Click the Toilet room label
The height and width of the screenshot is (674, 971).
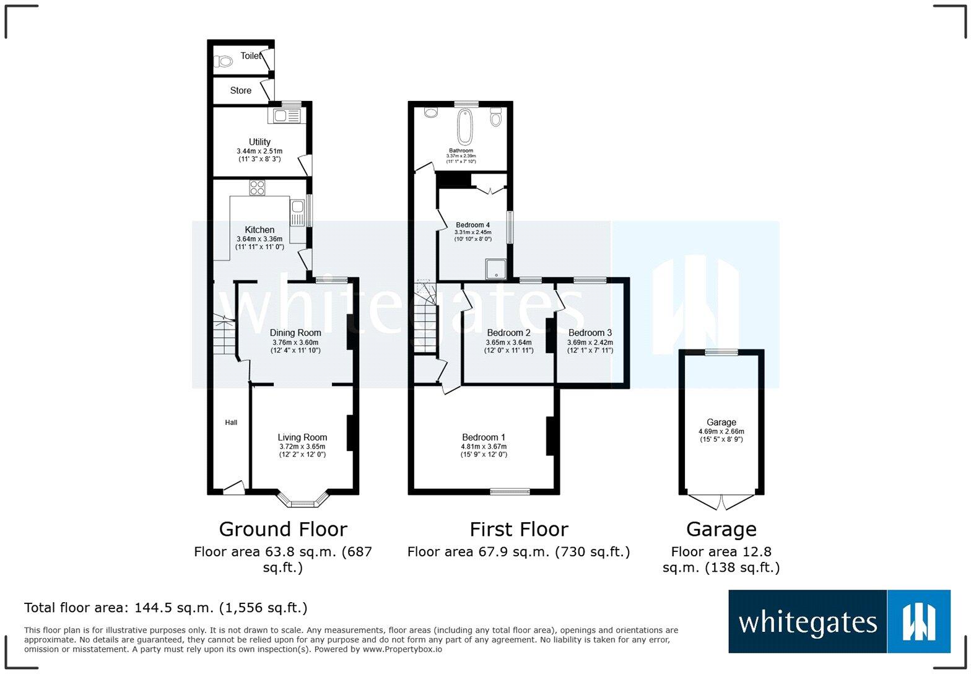click(x=250, y=56)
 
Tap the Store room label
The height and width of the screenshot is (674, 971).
click(x=240, y=90)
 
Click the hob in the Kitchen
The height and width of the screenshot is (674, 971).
click(x=257, y=187)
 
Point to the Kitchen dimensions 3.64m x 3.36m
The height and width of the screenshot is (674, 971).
click(x=259, y=239)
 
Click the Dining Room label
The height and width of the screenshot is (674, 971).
click(x=295, y=333)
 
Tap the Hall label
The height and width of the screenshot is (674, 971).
click(x=231, y=422)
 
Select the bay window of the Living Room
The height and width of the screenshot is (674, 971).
click(x=302, y=501)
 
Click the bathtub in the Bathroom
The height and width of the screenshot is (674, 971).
click(x=464, y=126)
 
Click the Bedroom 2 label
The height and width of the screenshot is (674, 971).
click(x=508, y=333)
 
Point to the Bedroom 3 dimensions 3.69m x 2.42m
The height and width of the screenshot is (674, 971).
click(x=590, y=342)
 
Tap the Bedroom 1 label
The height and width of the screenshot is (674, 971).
click(x=483, y=437)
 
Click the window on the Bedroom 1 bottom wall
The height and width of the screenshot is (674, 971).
click(x=510, y=492)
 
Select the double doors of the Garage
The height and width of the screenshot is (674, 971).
click(x=721, y=501)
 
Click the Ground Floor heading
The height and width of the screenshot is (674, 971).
click(x=283, y=529)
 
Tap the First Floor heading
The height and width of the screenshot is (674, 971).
click(x=518, y=529)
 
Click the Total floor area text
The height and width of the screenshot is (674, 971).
click(x=165, y=608)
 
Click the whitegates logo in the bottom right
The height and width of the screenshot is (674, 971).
click(x=839, y=621)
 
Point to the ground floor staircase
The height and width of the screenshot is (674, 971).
click(x=225, y=335)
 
